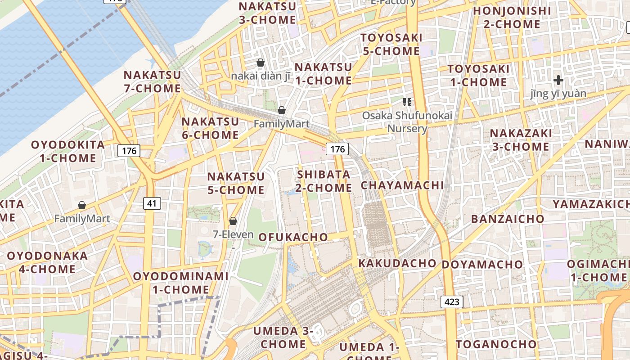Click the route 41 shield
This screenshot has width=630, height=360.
[152, 203]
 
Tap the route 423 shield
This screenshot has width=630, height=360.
[451, 302]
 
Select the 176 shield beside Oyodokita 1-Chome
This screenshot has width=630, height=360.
[129, 151]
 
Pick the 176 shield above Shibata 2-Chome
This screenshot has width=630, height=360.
[337, 149]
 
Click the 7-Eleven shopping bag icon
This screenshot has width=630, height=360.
[233, 221]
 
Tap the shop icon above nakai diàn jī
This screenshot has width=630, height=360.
[260, 63]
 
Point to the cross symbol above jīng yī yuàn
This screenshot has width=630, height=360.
[558, 81]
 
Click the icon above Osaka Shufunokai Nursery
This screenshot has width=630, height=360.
[407, 102]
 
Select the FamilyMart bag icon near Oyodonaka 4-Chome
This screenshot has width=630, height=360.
[82, 206]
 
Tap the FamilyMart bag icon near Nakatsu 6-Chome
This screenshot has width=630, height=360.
[282, 110]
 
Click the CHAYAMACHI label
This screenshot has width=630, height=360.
[402, 185]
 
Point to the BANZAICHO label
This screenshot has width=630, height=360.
[508, 219]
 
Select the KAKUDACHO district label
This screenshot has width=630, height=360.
[397, 263]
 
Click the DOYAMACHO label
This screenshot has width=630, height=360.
[482, 265]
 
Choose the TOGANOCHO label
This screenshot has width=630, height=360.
[496, 345]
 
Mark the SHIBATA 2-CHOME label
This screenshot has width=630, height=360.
[324, 181]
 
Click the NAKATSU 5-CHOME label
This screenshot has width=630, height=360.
[236, 183]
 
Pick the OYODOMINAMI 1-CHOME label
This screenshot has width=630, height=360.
[180, 283]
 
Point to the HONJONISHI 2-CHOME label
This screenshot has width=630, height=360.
[512, 17]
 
